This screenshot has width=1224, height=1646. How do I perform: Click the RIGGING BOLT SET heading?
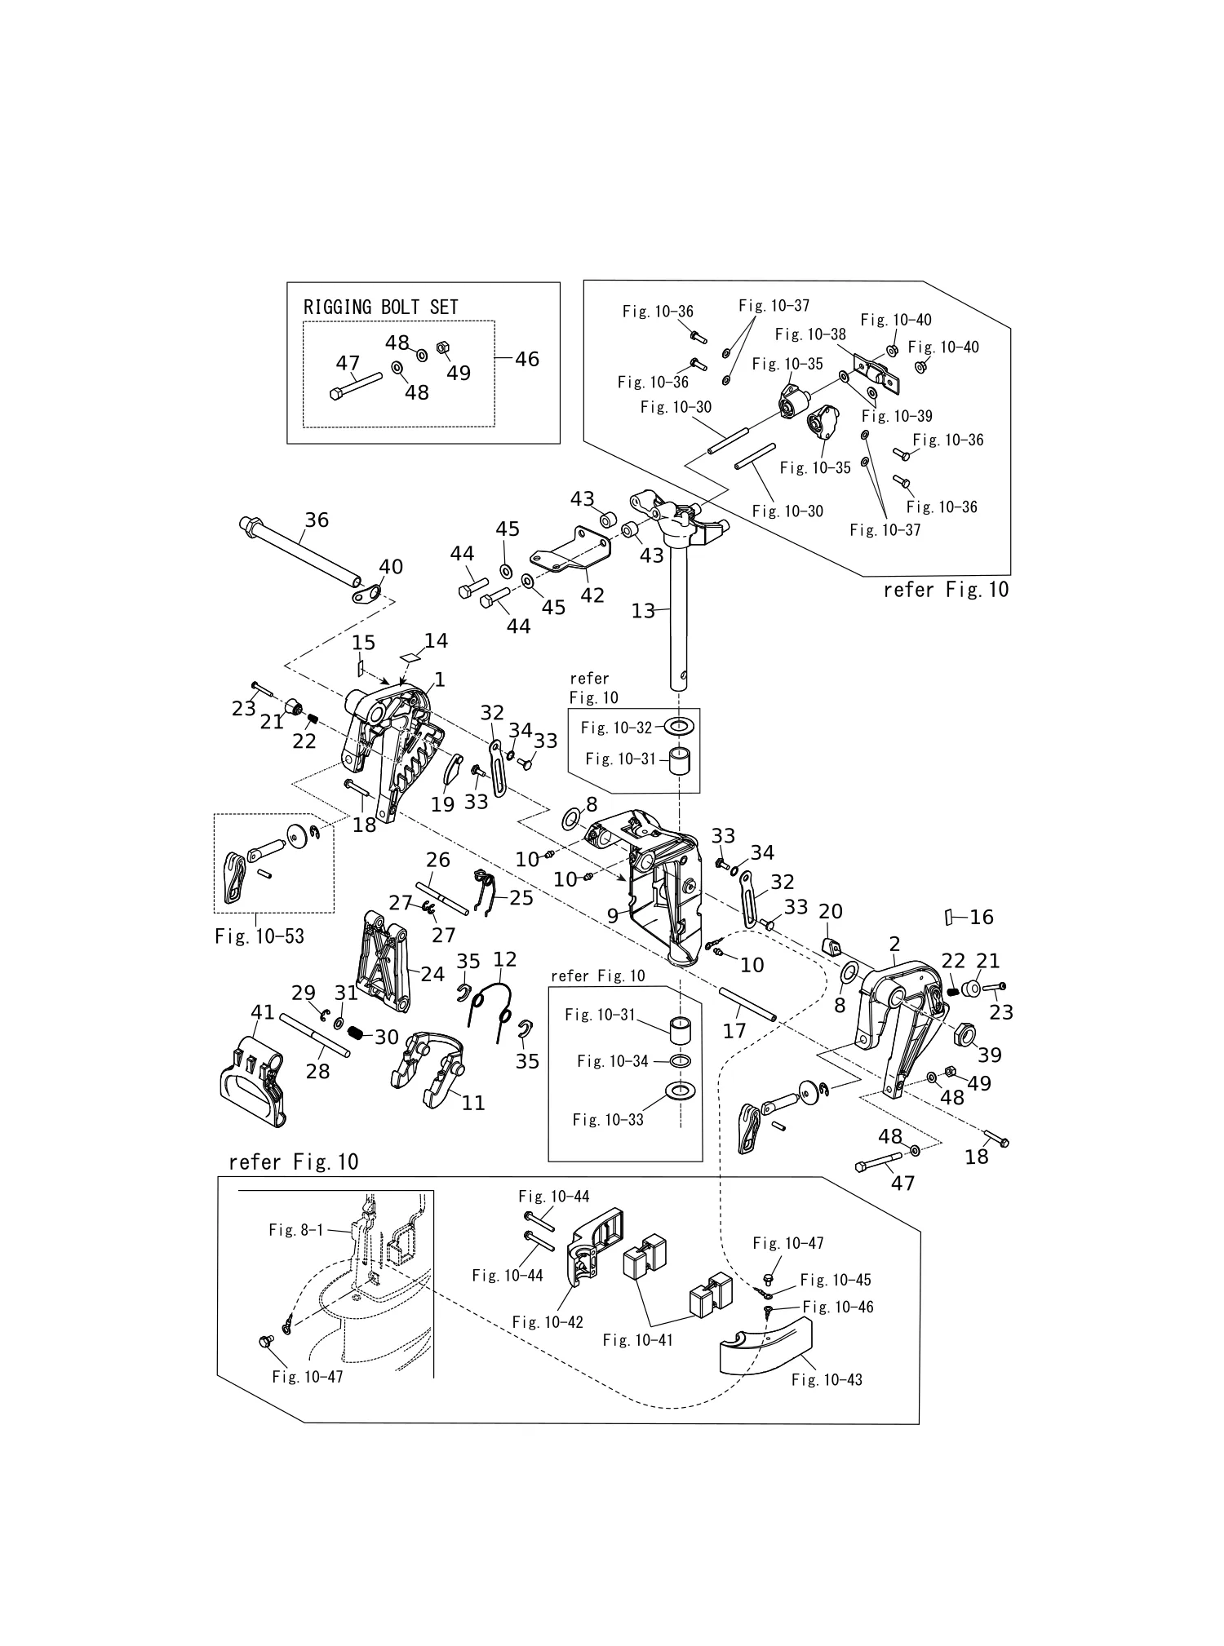point(380,307)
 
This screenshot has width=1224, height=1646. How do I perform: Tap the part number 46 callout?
point(527,359)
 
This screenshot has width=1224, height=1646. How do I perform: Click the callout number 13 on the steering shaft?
point(643,610)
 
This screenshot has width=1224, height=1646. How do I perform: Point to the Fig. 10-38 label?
point(810,334)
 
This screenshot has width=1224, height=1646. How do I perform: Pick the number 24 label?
point(432,974)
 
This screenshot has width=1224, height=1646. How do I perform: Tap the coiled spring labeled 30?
point(355,1032)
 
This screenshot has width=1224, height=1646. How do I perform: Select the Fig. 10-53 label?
point(259,936)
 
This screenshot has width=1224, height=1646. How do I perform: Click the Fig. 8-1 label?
point(296,1230)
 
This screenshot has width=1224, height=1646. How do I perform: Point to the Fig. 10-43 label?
point(827,1379)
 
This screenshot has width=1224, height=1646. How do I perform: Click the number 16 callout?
point(982,917)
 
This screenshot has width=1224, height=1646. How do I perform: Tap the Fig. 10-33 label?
point(608,1120)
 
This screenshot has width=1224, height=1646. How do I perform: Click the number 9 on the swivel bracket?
point(612,916)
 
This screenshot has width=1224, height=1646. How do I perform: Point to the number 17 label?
point(734,1031)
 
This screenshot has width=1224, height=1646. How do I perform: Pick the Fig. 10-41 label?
point(638,1339)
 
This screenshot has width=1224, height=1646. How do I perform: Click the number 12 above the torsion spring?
point(505,959)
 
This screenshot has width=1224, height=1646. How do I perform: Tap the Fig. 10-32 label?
point(617,728)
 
